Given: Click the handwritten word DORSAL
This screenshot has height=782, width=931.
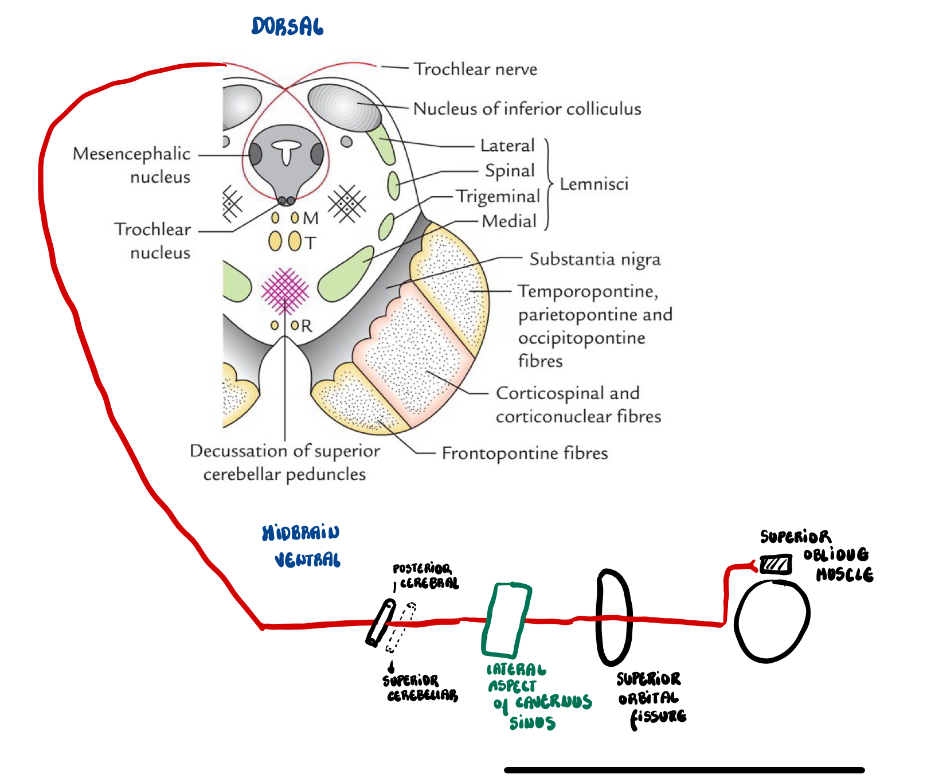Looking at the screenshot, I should click(287, 26).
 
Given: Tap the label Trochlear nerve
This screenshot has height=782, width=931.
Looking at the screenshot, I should click(475, 69).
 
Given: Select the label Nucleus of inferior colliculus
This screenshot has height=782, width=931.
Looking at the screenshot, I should click(527, 109).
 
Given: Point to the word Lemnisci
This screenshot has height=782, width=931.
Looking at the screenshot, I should click(594, 184).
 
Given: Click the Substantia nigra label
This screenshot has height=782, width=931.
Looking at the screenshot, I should click(594, 259).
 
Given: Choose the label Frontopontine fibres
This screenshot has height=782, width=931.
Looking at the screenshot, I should click(525, 453).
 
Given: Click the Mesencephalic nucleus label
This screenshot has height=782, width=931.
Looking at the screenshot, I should click(132, 165).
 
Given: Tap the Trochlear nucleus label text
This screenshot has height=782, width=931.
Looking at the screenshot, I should click(152, 241).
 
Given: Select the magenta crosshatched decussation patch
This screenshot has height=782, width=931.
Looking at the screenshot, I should click(285, 291).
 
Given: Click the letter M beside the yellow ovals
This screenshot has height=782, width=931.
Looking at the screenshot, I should click(311, 218).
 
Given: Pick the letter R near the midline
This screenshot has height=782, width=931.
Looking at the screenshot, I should click(307, 326).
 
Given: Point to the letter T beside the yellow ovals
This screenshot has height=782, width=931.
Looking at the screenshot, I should click(310, 243).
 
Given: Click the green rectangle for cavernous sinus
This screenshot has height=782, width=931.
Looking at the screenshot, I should click(506, 620).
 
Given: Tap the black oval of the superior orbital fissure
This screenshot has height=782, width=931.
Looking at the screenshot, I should click(614, 617).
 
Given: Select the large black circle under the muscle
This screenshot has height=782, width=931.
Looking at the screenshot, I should click(772, 622).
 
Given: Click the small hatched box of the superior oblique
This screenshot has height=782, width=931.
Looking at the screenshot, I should click(776, 565).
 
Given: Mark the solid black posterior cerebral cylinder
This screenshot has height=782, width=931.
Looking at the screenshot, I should click(381, 623).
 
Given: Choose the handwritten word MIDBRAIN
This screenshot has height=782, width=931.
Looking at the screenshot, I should click(300, 533).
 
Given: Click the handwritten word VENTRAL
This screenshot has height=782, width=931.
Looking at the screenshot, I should click(307, 560).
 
